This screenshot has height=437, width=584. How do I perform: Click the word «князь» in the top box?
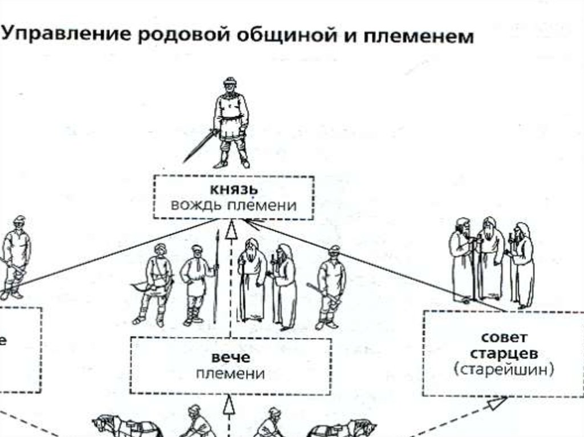point(233,189)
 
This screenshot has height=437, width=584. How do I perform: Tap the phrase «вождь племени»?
point(233,205)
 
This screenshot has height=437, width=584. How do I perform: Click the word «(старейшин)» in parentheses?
point(504,369)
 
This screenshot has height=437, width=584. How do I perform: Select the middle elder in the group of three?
point(490,260)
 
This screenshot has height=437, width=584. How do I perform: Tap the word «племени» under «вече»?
point(230,374)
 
